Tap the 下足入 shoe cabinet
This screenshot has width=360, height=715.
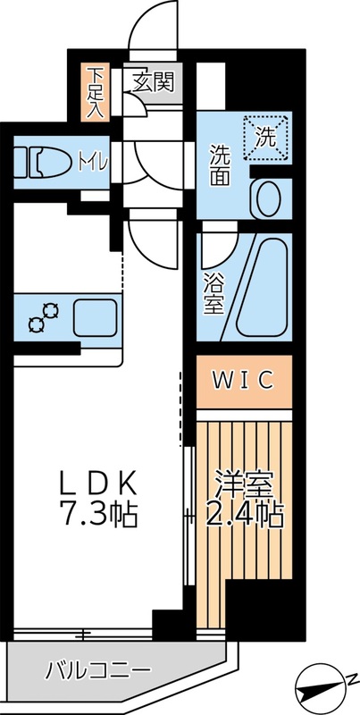95,92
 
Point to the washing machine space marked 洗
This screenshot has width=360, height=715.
264,139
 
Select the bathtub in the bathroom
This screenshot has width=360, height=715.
263,286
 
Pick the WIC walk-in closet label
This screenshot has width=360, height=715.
242,380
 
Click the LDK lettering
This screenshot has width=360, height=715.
97,484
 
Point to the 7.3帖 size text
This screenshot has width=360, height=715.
97,516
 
